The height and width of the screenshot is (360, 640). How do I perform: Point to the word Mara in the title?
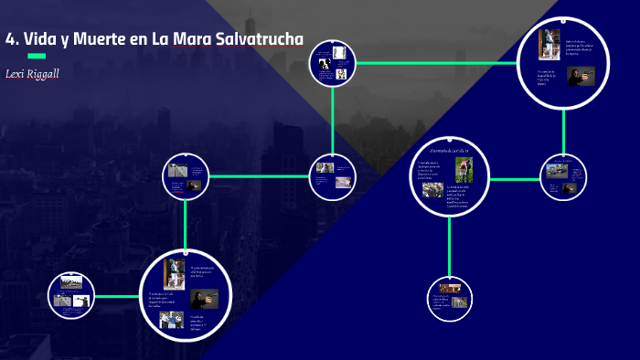pyautogui.click(x=194, y=38)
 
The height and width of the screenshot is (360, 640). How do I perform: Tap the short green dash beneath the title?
pyautogui.click(x=37, y=56)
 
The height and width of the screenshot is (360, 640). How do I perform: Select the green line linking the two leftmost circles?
pyautogui.click(x=117, y=296)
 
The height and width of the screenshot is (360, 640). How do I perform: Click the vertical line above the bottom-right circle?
pyautogui.click(x=449, y=247)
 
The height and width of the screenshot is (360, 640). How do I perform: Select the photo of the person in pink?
pyautogui.click(x=465, y=169)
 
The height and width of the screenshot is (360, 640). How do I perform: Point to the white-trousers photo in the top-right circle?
pyautogui.click(x=549, y=44)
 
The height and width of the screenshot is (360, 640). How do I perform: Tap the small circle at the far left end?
pyautogui.click(x=71, y=296)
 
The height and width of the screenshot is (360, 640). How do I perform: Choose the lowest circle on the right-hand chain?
pyautogui.click(x=449, y=298)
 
